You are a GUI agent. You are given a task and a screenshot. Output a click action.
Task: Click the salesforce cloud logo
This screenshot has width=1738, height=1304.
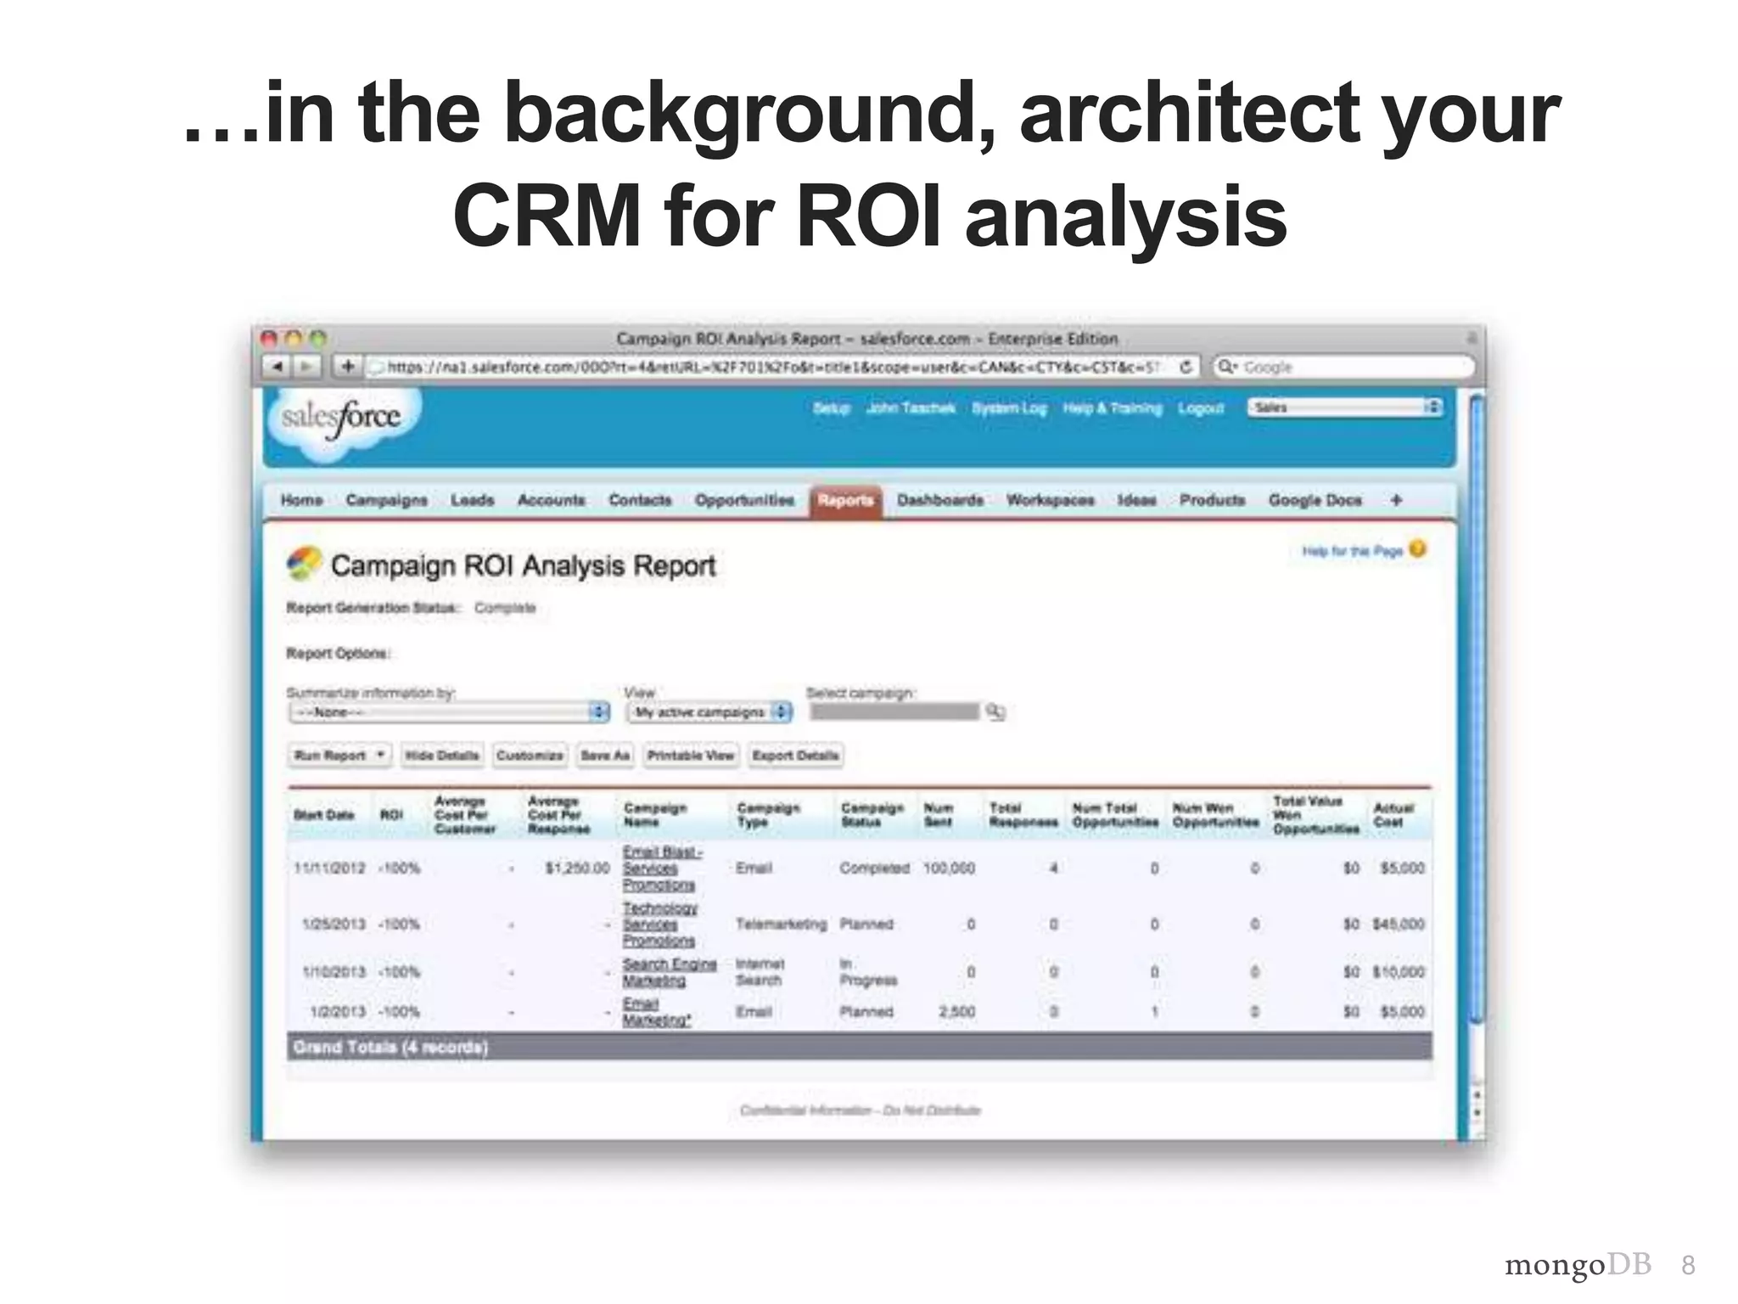pos(342,419)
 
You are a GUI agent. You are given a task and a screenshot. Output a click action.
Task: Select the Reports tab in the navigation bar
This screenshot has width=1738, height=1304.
pos(845,500)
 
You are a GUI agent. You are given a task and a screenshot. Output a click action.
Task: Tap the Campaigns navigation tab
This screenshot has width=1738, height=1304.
pos(386,500)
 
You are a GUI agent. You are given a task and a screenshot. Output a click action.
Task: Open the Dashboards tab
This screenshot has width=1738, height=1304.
pos(939,500)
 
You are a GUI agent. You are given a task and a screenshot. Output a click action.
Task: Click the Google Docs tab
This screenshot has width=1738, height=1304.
pos(1315,500)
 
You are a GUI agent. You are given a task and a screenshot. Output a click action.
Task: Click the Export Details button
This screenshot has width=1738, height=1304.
pos(795,755)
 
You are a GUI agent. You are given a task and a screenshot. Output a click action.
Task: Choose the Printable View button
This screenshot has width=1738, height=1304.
pos(690,755)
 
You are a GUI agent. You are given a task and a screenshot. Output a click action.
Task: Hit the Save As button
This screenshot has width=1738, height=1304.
pos(605,755)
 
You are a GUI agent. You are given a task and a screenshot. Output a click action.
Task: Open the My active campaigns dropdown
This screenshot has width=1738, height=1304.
pos(709,712)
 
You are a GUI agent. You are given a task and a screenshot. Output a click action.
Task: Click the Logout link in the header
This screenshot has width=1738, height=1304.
pos(1201,408)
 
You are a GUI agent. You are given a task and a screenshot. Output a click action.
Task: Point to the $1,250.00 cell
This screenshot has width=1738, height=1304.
pos(577,868)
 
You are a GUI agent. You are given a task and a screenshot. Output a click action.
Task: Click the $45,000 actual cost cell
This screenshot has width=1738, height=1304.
pos(1398,924)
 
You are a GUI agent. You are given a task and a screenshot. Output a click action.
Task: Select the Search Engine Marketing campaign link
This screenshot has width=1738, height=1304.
pos(669,972)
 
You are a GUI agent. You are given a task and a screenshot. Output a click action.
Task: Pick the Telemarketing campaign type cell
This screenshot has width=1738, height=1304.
pos(781,924)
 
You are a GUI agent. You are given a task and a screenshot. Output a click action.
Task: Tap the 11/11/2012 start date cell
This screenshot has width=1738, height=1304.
pos(329,868)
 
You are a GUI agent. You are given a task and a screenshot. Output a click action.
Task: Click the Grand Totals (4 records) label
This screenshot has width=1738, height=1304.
pos(390,1047)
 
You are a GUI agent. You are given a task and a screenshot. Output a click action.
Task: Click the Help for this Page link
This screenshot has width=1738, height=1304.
pos(1352,552)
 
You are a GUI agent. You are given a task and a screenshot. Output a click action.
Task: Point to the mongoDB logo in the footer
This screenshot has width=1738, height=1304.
pos(1578,1265)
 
